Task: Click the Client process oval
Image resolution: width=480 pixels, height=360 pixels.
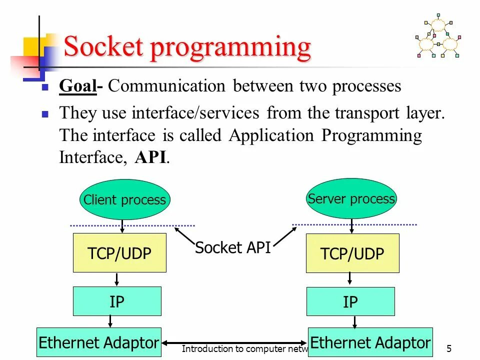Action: (x=124, y=199)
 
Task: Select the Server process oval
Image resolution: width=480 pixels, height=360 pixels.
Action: (x=351, y=198)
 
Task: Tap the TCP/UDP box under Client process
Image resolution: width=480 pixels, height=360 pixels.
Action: (x=119, y=253)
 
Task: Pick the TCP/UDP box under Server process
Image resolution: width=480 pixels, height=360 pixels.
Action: (x=352, y=253)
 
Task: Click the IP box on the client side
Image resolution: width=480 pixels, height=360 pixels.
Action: (x=117, y=301)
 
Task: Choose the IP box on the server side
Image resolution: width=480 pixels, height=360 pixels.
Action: (x=350, y=301)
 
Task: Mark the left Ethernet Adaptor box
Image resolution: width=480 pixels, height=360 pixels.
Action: (x=99, y=342)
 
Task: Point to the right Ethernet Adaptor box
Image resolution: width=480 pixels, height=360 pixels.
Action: (x=370, y=342)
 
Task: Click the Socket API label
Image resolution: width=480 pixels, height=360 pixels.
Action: (x=232, y=247)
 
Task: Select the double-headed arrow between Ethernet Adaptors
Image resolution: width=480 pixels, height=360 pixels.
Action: (x=234, y=343)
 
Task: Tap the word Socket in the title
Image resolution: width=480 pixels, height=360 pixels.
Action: (x=103, y=47)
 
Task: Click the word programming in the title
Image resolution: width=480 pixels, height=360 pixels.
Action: (x=229, y=48)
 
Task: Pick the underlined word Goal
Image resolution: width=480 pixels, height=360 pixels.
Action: (x=77, y=86)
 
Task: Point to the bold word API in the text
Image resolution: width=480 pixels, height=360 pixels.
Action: (x=152, y=157)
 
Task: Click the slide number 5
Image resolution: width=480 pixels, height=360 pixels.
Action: (x=448, y=348)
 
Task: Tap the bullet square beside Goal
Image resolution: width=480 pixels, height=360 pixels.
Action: (x=44, y=87)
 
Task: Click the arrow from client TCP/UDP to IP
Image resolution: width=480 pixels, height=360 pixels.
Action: (x=116, y=279)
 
